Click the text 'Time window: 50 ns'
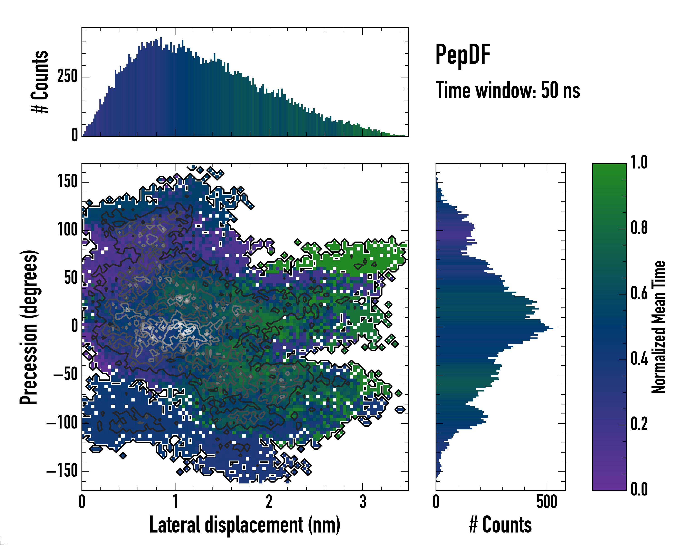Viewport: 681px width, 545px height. [x=508, y=90]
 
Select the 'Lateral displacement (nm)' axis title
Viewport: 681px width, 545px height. [x=245, y=525]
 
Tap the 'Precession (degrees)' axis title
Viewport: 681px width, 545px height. [x=29, y=327]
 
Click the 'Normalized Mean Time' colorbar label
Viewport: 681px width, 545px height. [x=659, y=327]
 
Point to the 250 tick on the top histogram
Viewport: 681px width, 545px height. [x=67, y=77]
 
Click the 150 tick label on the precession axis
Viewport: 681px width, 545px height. [x=67, y=182]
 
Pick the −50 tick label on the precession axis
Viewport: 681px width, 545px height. [x=65, y=375]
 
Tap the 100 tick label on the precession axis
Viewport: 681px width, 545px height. [x=67, y=230]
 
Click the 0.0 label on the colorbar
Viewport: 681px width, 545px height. [x=639, y=489]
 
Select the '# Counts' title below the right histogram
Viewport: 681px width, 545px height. [x=500, y=525]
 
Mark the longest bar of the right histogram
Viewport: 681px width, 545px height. [x=494, y=329]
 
